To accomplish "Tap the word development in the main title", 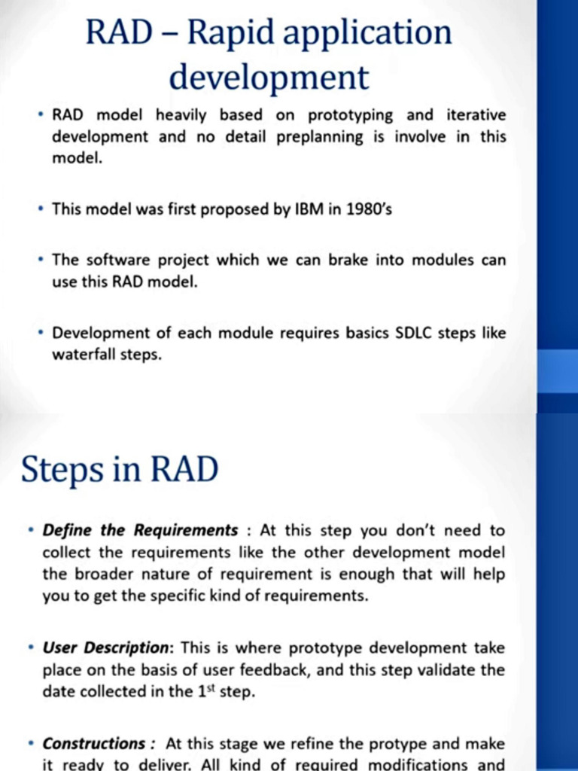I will pos(269,78).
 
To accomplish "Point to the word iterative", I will pos(476,115).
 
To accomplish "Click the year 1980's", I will pos(369,209).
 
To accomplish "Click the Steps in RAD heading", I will pos(120,470).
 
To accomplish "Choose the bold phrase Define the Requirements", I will pos(140,530).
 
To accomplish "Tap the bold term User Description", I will pos(105,648).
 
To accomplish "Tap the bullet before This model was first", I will pos(40,209).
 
